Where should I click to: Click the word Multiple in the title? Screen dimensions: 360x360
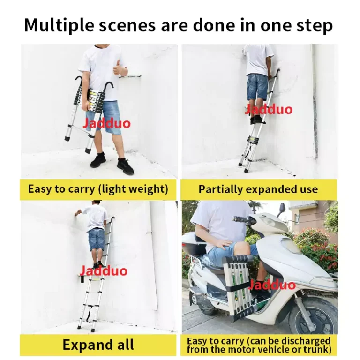[59, 25]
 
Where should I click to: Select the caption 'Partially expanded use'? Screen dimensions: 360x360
[258, 189]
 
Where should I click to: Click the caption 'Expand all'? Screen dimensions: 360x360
[98, 345]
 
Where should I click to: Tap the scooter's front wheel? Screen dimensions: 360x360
[314, 315]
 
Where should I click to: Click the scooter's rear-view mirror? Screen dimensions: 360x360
[282, 210]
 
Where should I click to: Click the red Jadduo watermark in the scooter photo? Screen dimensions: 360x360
[272, 285]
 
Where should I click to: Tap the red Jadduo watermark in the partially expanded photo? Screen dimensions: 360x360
[269, 109]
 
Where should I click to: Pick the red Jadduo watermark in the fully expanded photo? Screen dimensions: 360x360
[104, 270]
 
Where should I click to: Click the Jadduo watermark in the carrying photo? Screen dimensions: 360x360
[106, 124]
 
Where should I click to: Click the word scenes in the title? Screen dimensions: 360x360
[127, 25]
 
